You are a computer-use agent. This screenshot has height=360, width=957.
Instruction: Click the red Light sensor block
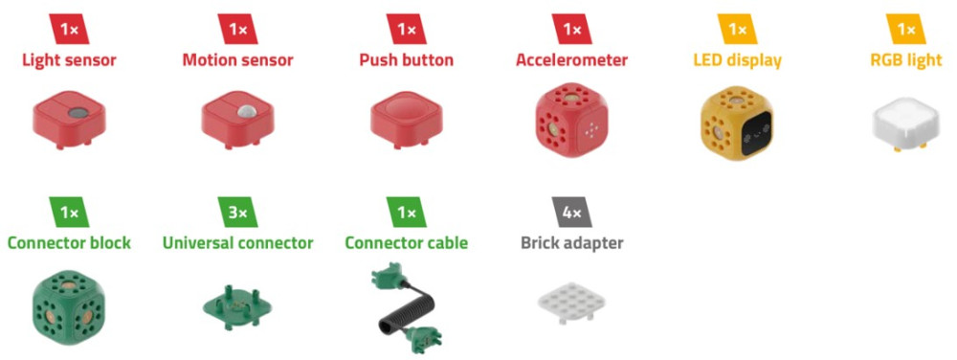tap(69, 120)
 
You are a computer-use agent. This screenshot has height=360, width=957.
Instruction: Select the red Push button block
tap(406, 120)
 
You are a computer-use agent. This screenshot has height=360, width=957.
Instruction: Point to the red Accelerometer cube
tap(571, 122)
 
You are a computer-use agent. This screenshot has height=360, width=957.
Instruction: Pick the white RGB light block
tap(907, 124)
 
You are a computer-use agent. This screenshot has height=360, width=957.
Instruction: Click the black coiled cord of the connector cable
tap(407, 305)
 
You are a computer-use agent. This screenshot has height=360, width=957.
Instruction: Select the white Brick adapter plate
tap(572, 302)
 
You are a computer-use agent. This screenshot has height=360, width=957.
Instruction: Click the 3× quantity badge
tap(238, 213)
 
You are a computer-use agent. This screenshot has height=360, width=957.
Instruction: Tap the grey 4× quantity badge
tap(572, 213)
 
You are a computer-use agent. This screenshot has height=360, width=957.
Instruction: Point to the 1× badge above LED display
tap(737, 30)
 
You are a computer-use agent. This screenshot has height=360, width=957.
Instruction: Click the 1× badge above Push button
tap(407, 30)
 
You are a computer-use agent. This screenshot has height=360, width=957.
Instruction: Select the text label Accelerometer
tap(572, 60)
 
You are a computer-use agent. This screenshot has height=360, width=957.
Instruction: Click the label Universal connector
tap(238, 243)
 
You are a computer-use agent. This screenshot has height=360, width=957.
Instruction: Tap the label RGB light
tap(906, 61)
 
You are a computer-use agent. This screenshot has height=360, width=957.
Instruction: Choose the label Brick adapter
tap(572, 243)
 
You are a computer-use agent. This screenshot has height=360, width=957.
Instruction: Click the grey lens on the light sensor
tap(78, 112)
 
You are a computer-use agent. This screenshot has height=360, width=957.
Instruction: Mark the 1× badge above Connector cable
tap(407, 213)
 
